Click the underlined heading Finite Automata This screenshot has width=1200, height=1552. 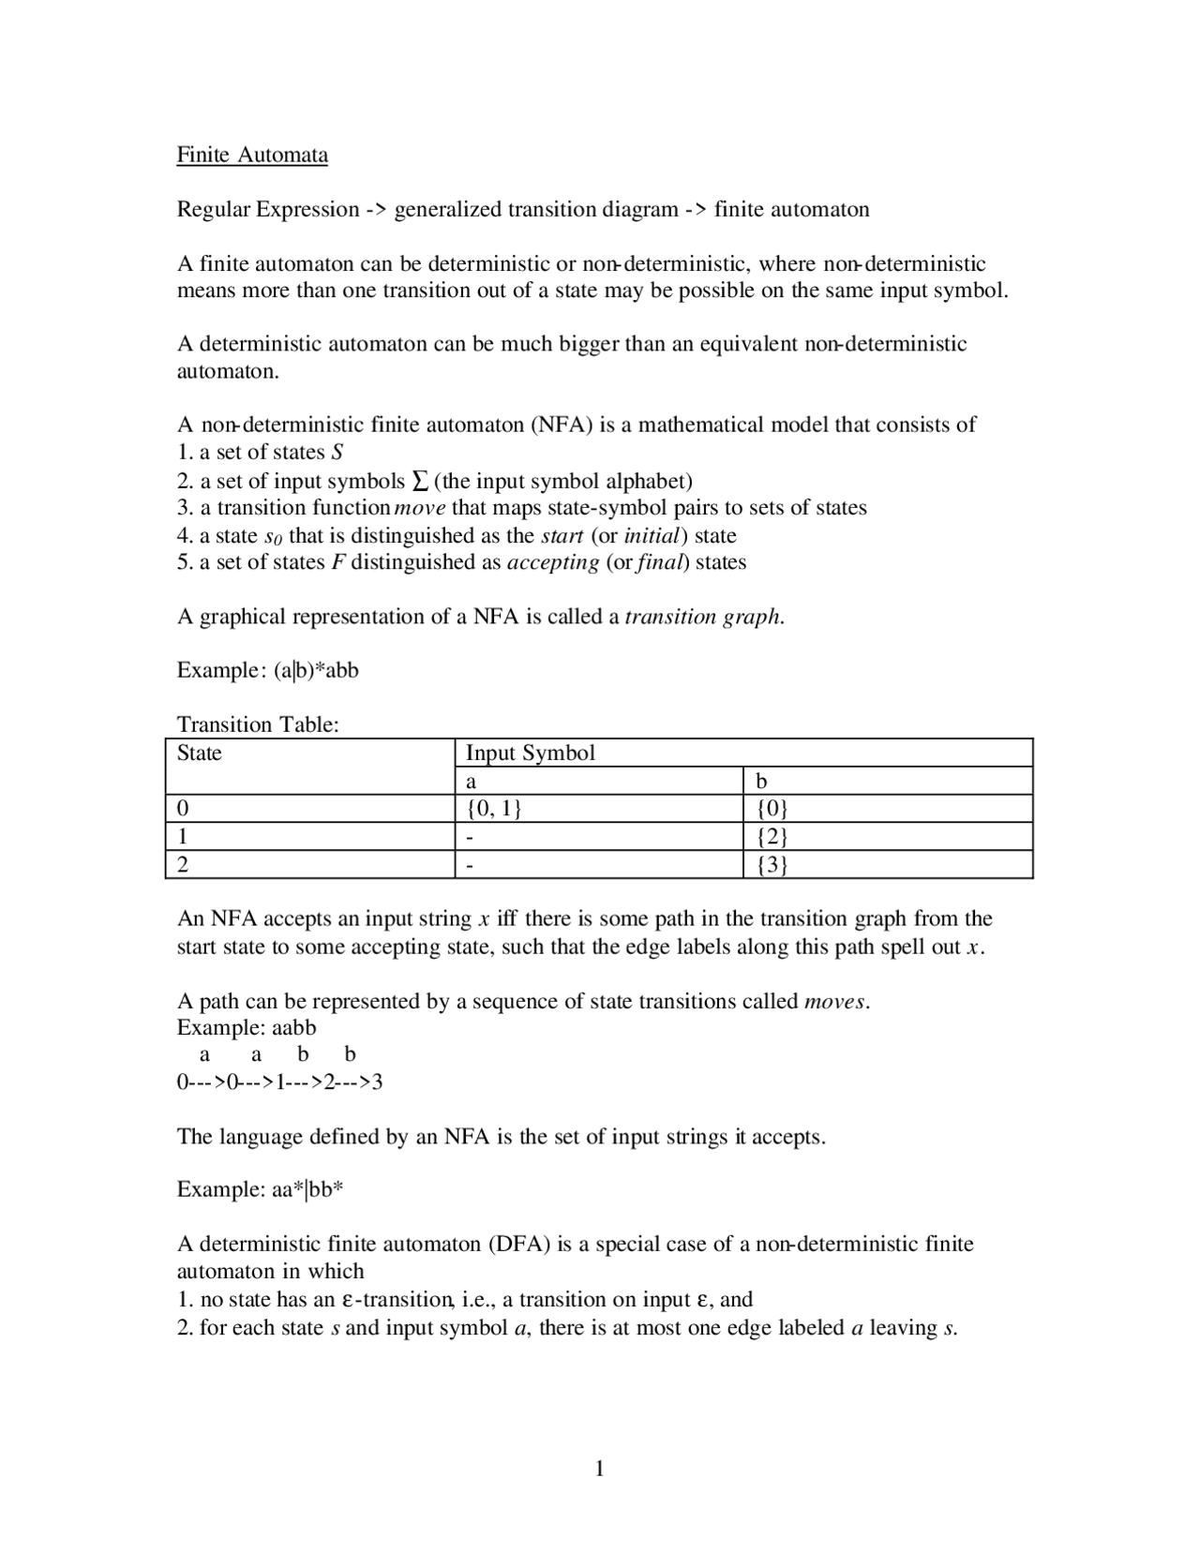coord(252,155)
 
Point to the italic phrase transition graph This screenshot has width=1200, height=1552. coord(703,617)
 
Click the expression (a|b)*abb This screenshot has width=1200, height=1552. coord(317,671)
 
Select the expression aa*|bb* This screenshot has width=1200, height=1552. coord(308,1190)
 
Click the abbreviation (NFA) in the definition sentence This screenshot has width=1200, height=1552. coord(562,425)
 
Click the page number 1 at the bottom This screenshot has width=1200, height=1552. coord(600,1469)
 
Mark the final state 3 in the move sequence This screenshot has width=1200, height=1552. coord(378,1083)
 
